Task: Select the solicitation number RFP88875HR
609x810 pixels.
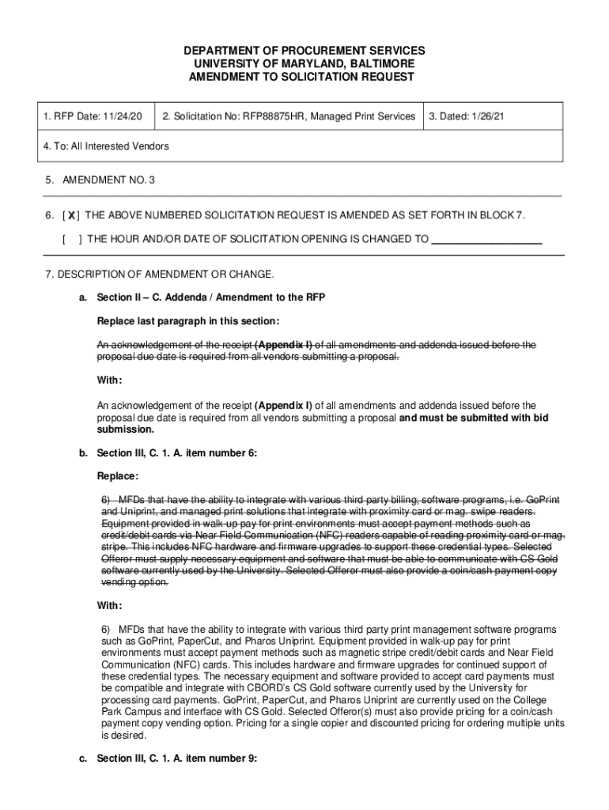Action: coord(278,116)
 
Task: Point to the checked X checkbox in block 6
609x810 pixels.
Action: coord(71,215)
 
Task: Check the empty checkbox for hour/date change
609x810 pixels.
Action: coord(71,239)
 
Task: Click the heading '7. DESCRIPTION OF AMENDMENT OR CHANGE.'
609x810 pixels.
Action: coord(160,274)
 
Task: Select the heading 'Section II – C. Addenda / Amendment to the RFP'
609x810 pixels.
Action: coord(210,297)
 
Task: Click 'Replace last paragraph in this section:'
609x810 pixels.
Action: coord(187,321)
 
